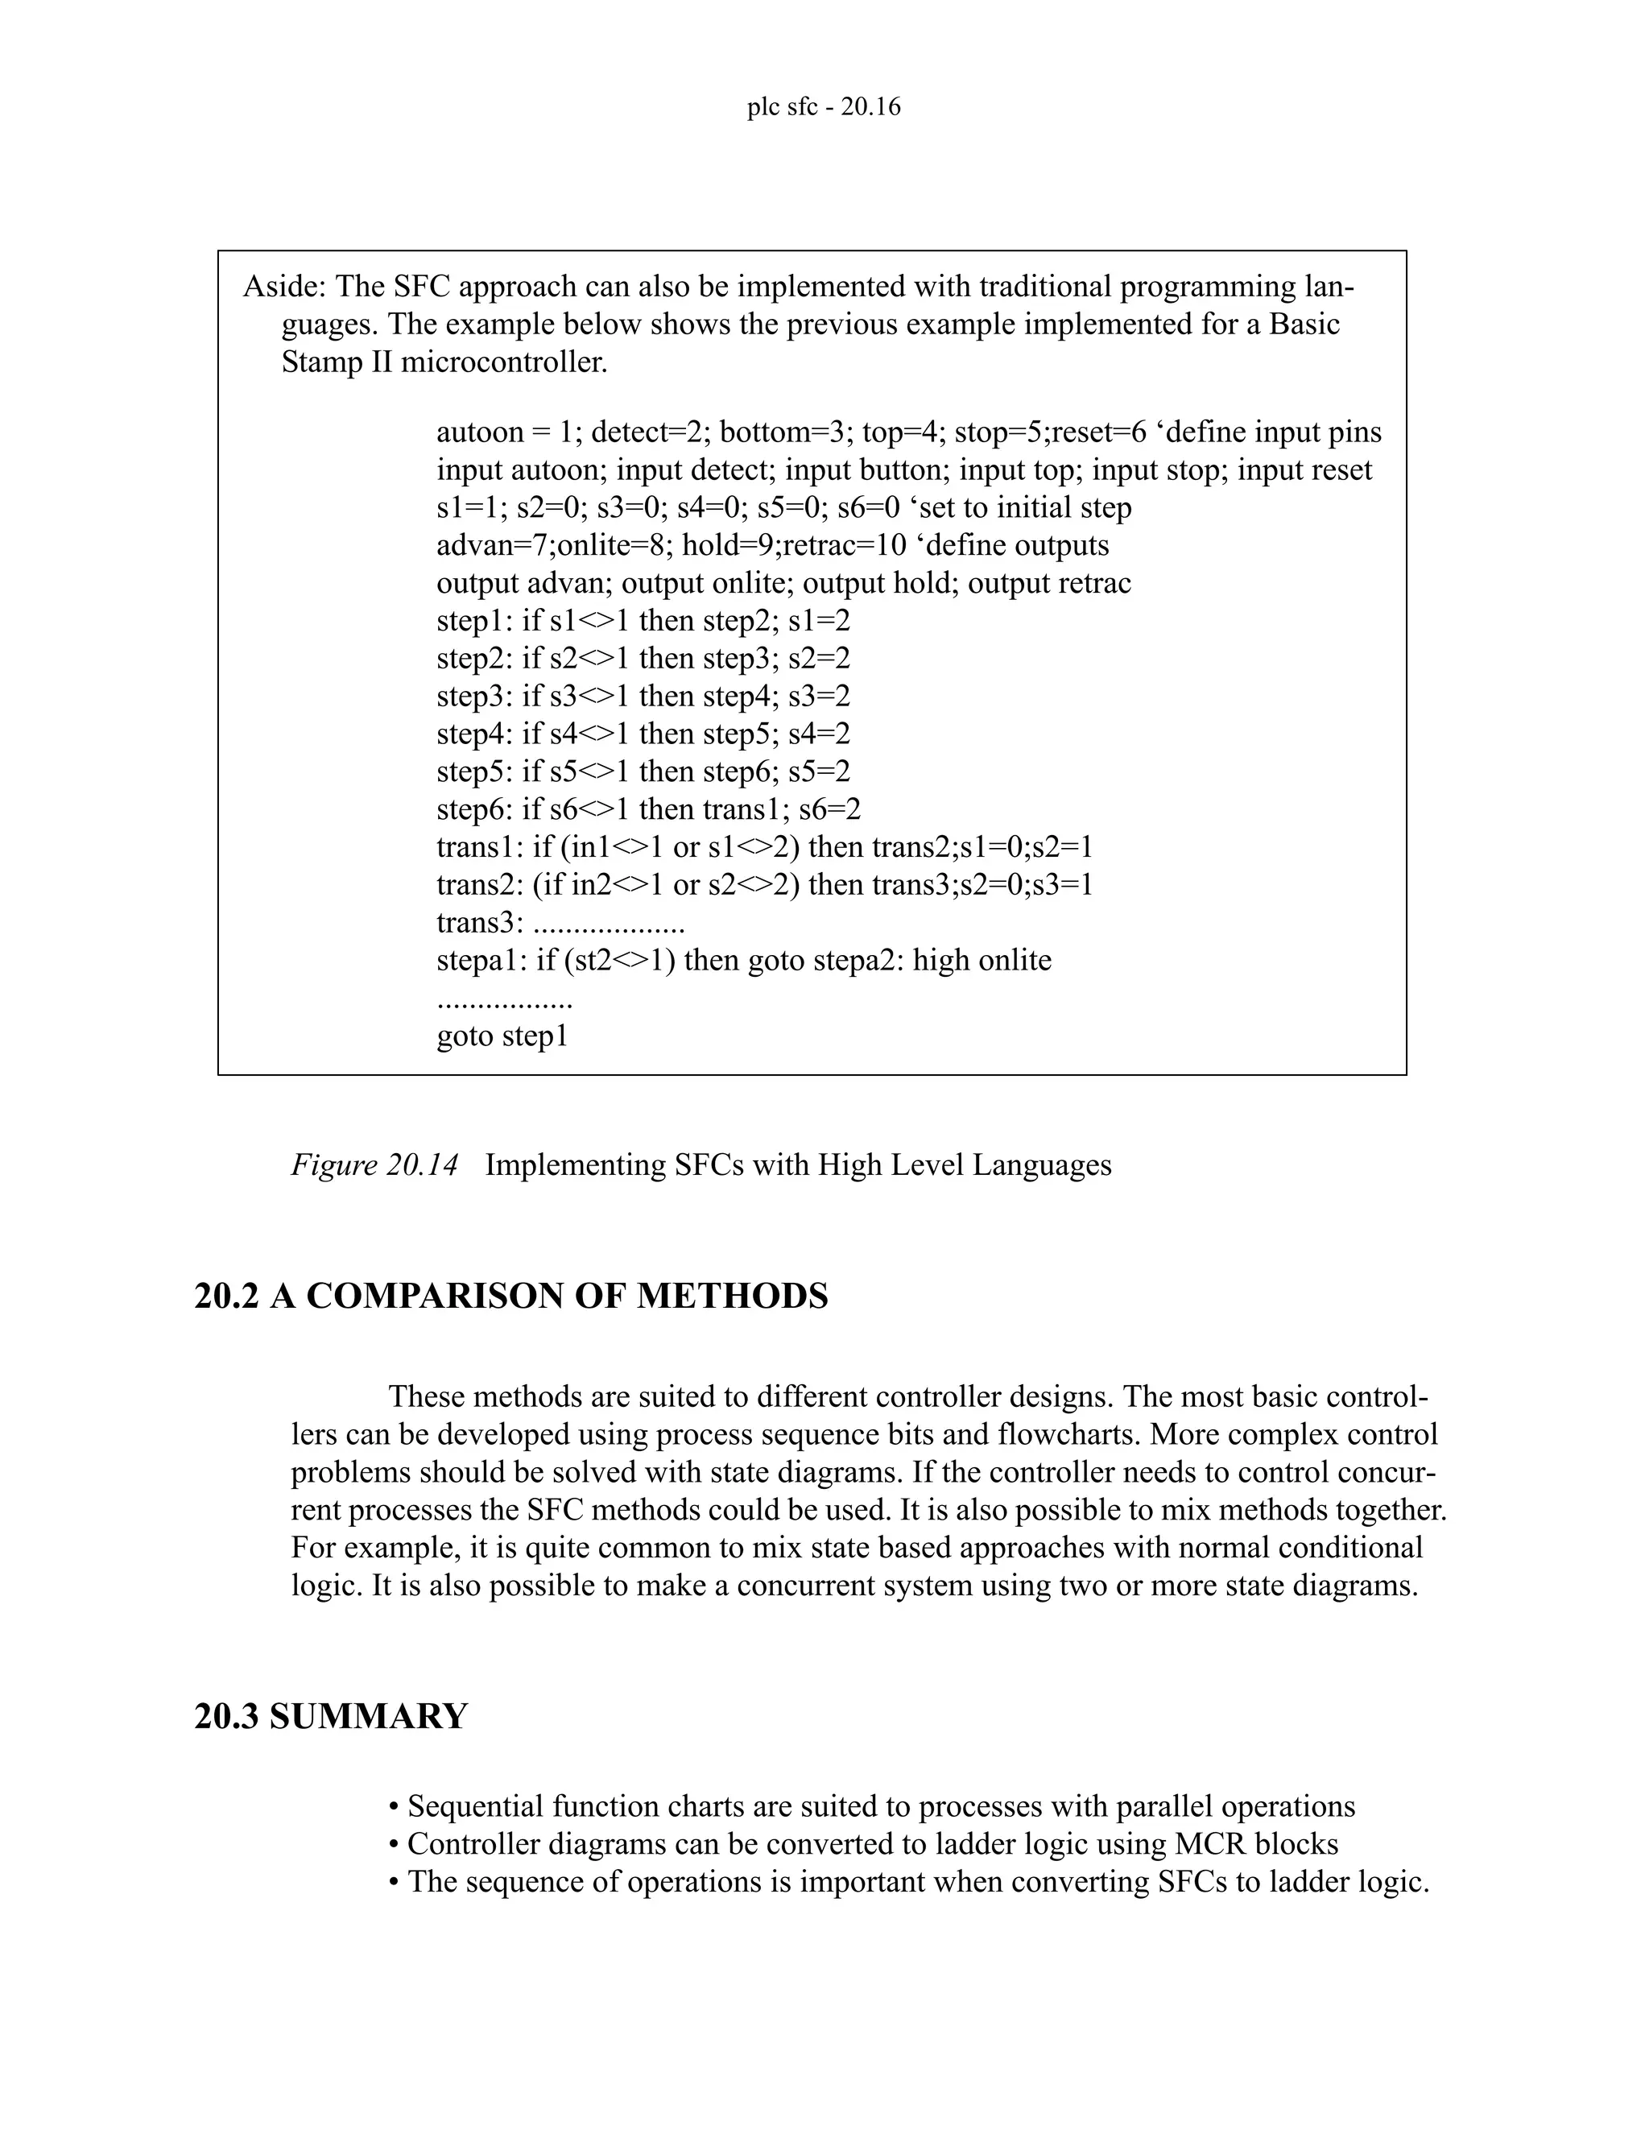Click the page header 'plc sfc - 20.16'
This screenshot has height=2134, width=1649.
click(824, 106)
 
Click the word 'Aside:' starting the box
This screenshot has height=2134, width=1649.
click(284, 287)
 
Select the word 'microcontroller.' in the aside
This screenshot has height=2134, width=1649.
click(504, 362)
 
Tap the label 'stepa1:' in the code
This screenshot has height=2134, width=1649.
click(481, 961)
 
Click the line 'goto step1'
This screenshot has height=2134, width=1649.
click(502, 1036)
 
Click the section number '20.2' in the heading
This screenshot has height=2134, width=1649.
click(226, 1297)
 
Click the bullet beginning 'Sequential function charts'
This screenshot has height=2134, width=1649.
click(870, 1807)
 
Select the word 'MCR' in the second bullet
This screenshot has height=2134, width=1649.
click(1209, 1844)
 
